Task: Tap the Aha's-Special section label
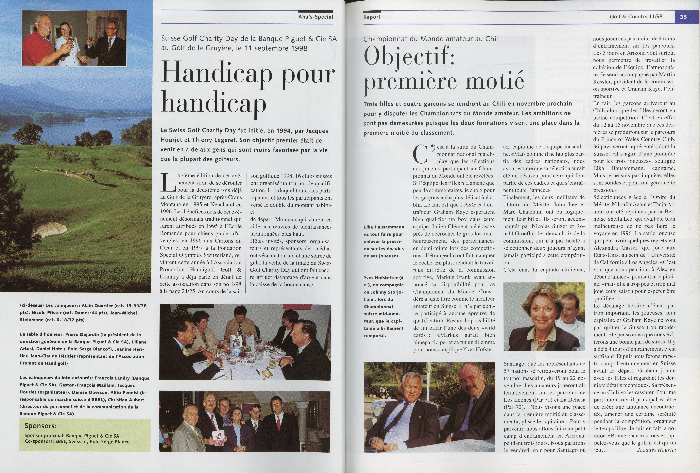316,17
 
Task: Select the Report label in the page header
372,17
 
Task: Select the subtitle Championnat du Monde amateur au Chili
431,39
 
